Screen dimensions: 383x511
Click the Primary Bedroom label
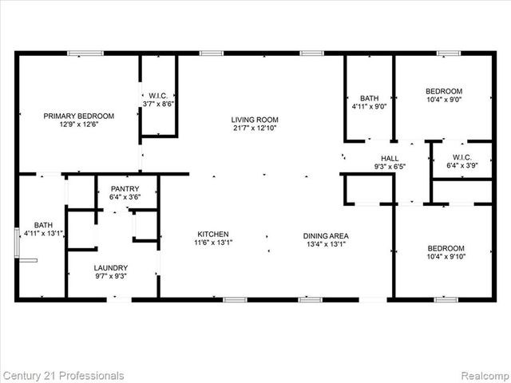click(78, 116)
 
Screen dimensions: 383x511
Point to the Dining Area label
click(325, 235)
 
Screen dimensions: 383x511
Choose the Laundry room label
click(110, 268)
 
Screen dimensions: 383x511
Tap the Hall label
click(389, 159)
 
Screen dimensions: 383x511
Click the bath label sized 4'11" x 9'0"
click(369, 98)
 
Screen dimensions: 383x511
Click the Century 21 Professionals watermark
click(63, 375)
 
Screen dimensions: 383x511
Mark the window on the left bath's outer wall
click(18, 243)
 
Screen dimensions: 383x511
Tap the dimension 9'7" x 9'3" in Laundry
click(110, 276)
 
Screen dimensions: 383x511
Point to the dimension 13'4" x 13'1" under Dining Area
click(325, 244)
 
